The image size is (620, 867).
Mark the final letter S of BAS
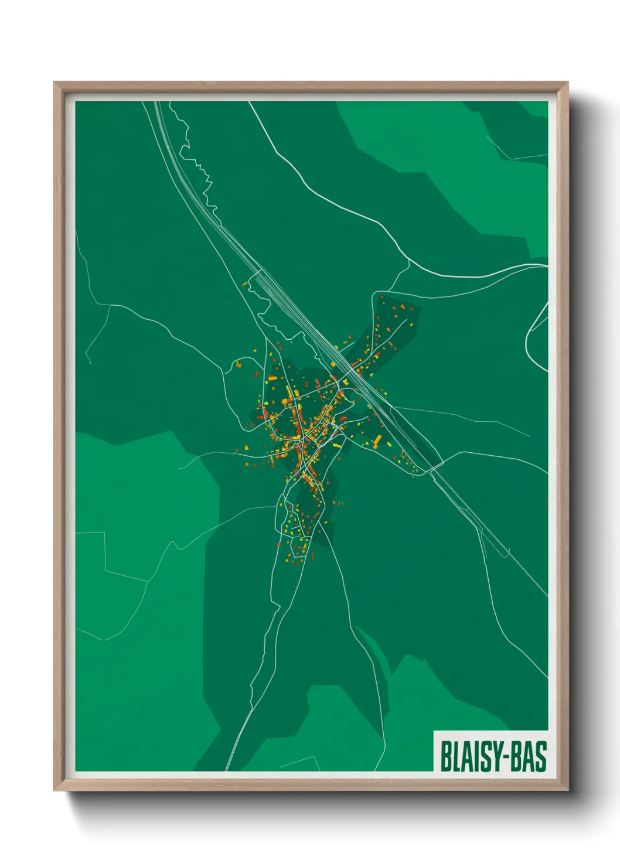541,756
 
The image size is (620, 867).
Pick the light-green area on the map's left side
141,527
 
